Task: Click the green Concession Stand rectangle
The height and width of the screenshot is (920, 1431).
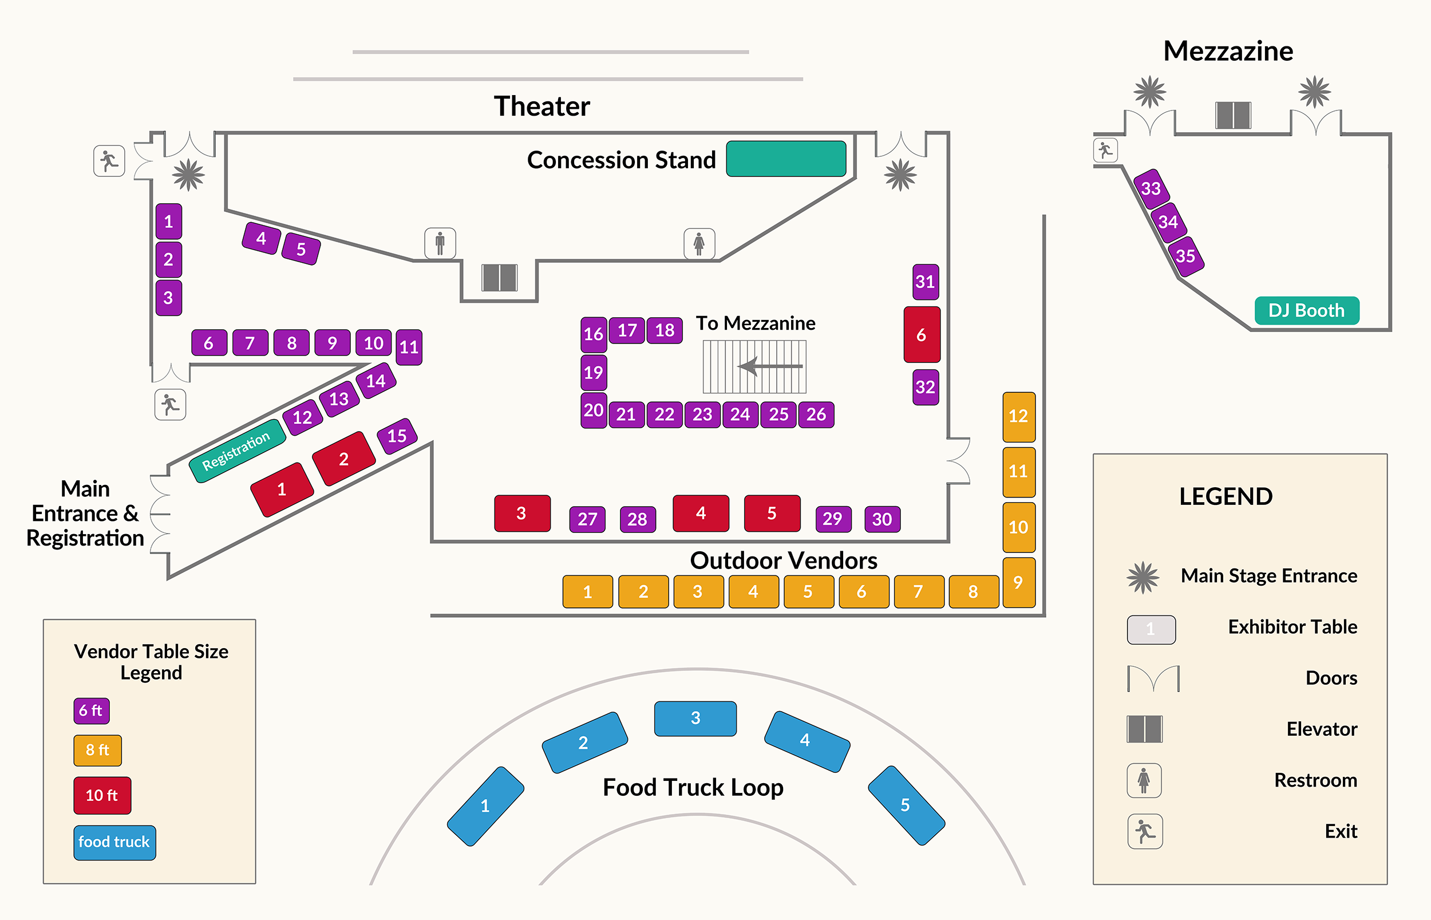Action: [x=785, y=159]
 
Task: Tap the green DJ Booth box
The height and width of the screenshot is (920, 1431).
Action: [x=1306, y=311]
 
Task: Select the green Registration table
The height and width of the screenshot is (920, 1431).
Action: [x=237, y=451]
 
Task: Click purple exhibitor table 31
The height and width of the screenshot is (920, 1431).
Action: [x=925, y=281]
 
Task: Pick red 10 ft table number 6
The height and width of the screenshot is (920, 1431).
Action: [x=922, y=334]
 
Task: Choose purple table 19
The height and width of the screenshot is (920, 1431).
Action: [x=593, y=372]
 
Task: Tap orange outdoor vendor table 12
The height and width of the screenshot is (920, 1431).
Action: [x=1018, y=416]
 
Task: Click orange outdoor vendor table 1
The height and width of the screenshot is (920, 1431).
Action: [x=588, y=591]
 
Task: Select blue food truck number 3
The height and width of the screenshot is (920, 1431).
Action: [x=695, y=718]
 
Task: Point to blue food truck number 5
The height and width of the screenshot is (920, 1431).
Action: [x=906, y=805]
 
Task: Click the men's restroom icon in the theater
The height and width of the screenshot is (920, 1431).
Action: [x=440, y=243]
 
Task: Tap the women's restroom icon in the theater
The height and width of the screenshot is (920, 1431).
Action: [x=699, y=243]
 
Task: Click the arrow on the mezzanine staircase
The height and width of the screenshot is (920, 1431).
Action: [x=770, y=366]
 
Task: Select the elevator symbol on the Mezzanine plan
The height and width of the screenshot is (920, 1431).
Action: [x=1233, y=114]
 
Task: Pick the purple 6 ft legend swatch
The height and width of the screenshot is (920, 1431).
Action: [x=92, y=710]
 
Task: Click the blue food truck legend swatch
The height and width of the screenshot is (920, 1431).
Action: [x=114, y=842]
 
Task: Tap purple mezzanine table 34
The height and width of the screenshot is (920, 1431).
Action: [x=1168, y=222]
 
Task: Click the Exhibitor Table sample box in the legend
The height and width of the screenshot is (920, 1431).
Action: [x=1151, y=629]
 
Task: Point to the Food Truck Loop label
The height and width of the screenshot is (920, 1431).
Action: [x=693, y=787]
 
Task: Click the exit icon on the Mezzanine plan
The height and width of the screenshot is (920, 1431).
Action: [x=1105, y=150]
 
